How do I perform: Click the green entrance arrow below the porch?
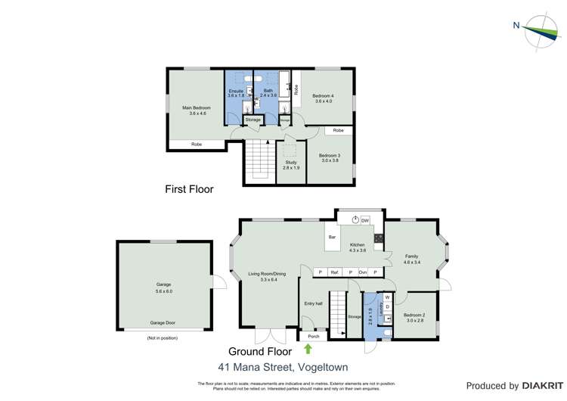(x=308, y=349)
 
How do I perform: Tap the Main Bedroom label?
(x=197, y=110)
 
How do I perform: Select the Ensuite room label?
(x=236, y=93)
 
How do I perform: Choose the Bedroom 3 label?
(x=330, y=157)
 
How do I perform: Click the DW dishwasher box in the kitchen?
(x=365, y=220)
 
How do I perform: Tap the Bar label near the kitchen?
(x=332, y=238)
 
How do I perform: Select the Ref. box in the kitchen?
(x=334, y=272)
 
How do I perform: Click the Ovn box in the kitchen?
(x=362, y=272)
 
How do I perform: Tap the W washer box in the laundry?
(x=388, y=297)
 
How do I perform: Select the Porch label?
(x=314, y=336)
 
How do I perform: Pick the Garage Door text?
(x=163, y=322)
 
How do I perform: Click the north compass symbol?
(x=540, y=30)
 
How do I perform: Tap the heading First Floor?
(x=189, y=189)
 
